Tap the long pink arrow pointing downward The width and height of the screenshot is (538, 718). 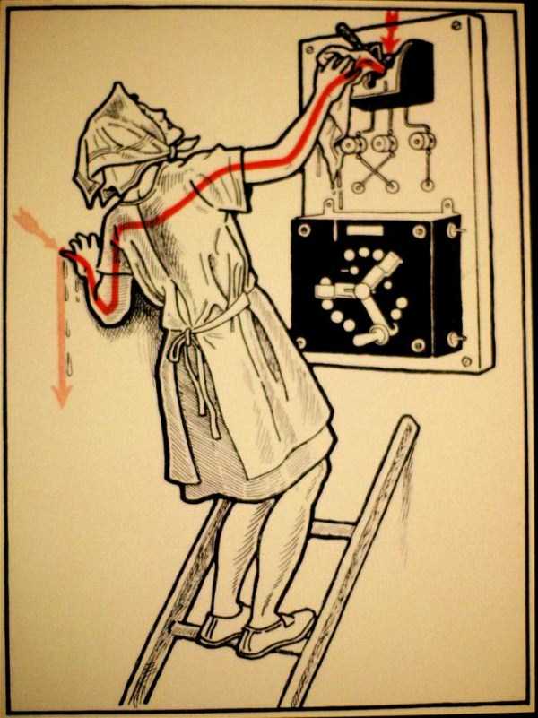61,341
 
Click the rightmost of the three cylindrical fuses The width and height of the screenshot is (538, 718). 419,141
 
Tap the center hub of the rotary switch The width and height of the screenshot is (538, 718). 363,290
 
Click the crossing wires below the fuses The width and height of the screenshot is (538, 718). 371,170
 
